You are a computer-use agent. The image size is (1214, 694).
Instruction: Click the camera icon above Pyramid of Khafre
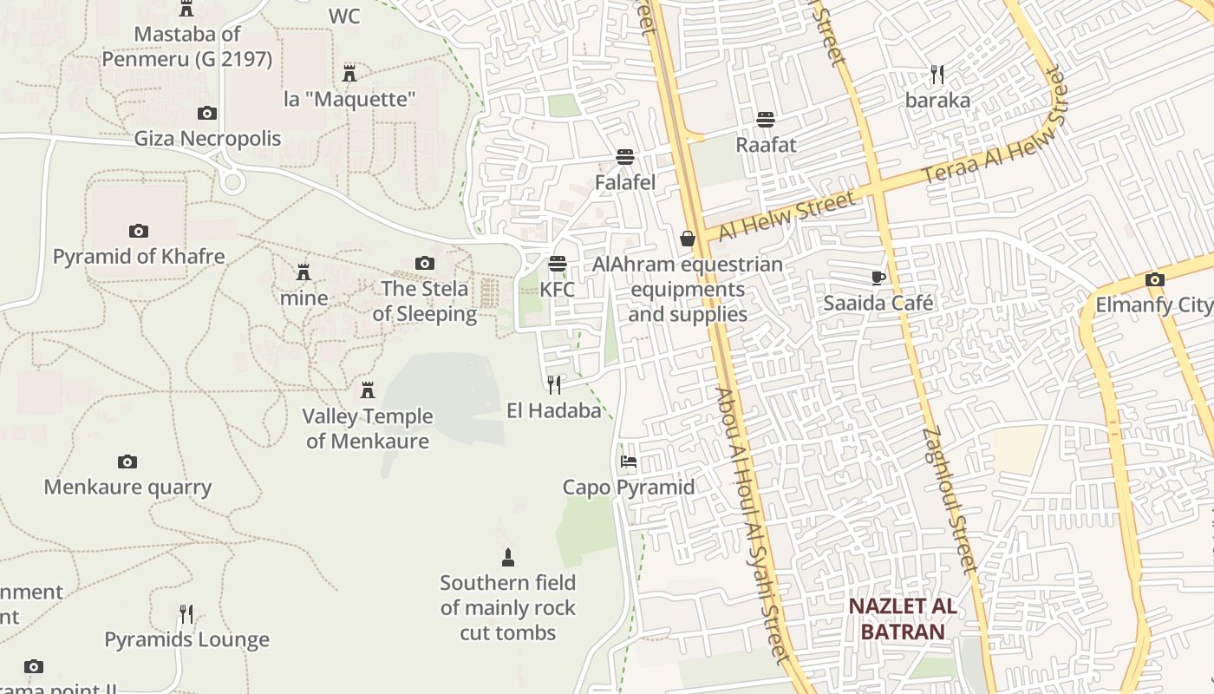[x=138, y=231]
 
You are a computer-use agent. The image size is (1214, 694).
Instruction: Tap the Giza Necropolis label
[x=207, y=139]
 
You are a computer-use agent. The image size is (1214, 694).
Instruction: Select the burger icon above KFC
[x=558, y=264]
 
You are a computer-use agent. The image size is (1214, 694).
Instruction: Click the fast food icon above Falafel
[x=624, y=157]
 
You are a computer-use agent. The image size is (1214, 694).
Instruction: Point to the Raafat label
[x=766, y=144]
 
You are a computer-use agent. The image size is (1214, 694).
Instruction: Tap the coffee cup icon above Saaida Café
[x=878, y=278]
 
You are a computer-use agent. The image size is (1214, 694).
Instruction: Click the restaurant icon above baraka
[x=937, y=74]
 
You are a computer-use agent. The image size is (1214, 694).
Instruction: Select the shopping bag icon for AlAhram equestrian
[x=688, y=238]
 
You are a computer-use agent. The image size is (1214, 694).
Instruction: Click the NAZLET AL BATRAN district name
[x=903, y=619]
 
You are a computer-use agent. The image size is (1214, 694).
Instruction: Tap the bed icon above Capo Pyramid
[x=629, y=462]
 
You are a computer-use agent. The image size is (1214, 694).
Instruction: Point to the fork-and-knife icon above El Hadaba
[x=554, y=384]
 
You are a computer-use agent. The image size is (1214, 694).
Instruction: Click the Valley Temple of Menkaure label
[x=368, y=429]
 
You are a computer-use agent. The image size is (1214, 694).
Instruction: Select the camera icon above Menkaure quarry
[x=127, y=462]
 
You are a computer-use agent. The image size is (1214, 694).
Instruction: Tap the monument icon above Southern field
[x=508, y=557]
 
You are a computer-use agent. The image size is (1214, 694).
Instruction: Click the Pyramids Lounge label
[x=186, y=640]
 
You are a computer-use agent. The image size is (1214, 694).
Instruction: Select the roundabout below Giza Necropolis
[x=232, y=181]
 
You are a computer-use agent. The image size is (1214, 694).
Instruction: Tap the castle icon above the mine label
[x=303, y=272]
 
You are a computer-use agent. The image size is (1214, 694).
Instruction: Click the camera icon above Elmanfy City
[x=1154, y=279]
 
